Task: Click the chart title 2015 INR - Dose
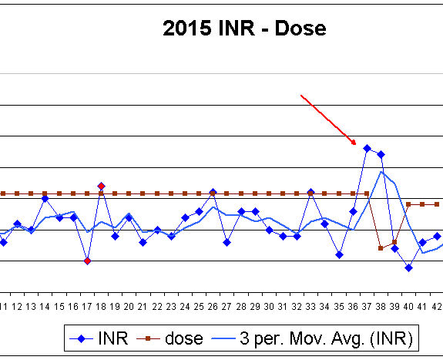244,29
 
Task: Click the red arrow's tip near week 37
356,144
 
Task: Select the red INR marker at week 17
87,261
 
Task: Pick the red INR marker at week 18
101,186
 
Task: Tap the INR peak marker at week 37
367,148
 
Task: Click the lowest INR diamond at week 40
408,267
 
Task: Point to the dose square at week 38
381,248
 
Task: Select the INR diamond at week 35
339,254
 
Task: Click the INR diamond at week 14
45,198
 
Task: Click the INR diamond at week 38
381,155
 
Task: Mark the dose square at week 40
408,204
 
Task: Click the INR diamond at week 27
227,242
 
